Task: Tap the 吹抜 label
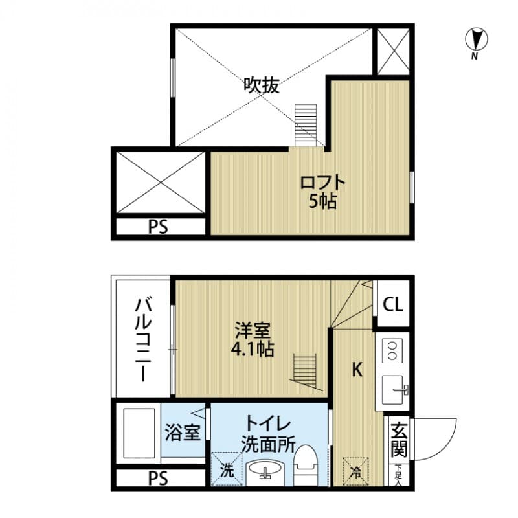point(262,85)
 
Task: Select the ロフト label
point(322,182)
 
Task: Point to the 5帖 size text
point(322,201)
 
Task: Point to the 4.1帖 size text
point(253,350)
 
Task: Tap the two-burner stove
point(392,350)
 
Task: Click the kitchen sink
point(395,390)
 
